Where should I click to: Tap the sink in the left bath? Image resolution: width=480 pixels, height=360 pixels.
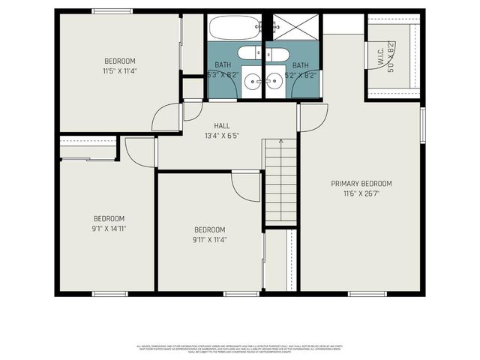[253, 81]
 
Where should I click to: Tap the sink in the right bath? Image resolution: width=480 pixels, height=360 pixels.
[274, 81]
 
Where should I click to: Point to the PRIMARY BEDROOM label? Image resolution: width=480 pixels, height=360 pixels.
[361, 183]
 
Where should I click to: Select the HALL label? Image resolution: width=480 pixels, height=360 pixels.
[222, 126]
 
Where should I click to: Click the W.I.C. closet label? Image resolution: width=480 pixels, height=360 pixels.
[380, 55]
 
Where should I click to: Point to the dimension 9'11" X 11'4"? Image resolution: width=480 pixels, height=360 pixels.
[210, 240]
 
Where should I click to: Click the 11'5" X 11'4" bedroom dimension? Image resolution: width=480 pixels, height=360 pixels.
[120, 71]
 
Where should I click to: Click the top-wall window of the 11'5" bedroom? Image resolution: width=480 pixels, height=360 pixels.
[112, 11]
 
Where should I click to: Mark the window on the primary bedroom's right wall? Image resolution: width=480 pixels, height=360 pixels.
[423, 120]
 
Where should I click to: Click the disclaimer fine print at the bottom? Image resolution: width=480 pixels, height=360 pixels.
[240, 348]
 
